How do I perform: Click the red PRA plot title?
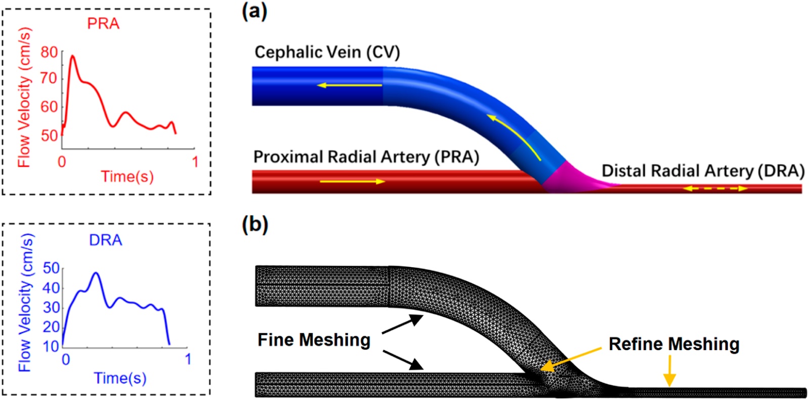(x=103, y=24)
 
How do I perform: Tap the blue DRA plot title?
(x=106, y=240)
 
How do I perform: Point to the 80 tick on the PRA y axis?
(x=49, y=53)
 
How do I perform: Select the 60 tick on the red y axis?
(x=49, y=107)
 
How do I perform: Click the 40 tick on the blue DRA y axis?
(x=51, y=288)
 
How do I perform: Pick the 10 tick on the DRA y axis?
(x=51, y=346)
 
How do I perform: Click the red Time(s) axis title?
(x=127, y=177)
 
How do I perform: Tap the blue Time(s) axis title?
(x=120, y=378)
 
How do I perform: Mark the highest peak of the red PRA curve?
(x=73, y=56)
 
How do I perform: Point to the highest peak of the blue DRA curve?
(x=96, y=273)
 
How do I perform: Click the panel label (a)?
(x=255, y=12)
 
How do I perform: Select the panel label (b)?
(x=255, y=224)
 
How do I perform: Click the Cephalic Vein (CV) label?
(x=327, y=53)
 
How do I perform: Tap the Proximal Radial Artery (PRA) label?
(x=366, y=157)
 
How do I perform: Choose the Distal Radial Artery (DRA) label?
(x=703, y=171)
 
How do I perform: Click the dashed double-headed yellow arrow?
(x=715, y=189)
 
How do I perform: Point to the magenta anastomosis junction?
(x=571, y=179)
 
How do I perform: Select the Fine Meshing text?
(x=314, y=340)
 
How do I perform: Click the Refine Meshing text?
(x=674, y=344)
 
